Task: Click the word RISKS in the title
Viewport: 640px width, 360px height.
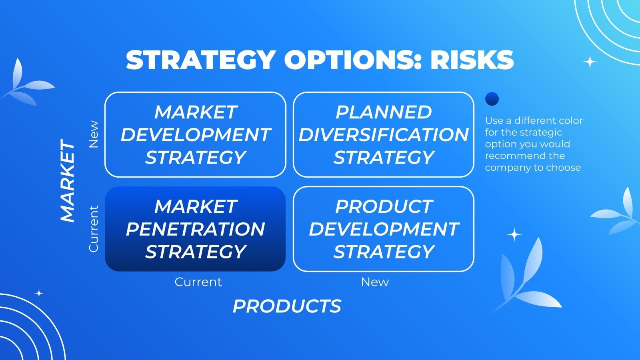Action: (x=472, y=60)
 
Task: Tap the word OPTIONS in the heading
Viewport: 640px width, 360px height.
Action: (x=352, y=60)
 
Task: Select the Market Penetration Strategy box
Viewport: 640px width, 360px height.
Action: (x=196, y=229)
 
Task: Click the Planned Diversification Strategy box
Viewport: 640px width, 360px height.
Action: (x=384, y=134)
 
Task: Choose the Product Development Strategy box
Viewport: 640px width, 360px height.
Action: (x=384, y=229)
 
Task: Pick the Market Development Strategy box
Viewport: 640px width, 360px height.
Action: (x=196, y=134)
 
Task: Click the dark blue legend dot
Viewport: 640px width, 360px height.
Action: (x=492, y=99)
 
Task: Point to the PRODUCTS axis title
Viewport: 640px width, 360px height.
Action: (x=287, y=306)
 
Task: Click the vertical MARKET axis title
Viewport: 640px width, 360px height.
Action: (x=68, y=180)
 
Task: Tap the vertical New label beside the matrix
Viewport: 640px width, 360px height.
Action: (x=94, y=134)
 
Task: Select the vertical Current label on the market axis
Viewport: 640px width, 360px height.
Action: (x=94, y=229)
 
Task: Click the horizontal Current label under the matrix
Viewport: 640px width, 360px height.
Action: (x=198, y=282)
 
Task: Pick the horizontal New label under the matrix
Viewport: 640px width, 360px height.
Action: (x=375, y=282)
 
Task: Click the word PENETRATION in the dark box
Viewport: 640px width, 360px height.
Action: (x=196, y=229)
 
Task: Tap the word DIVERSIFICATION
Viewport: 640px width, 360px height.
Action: (x=384, y=134)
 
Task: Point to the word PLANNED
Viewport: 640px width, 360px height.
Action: (x=384, y=112)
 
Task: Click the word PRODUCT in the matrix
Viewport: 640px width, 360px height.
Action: (x=384, y=206)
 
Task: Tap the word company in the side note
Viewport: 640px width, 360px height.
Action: (x=506, y=168)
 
